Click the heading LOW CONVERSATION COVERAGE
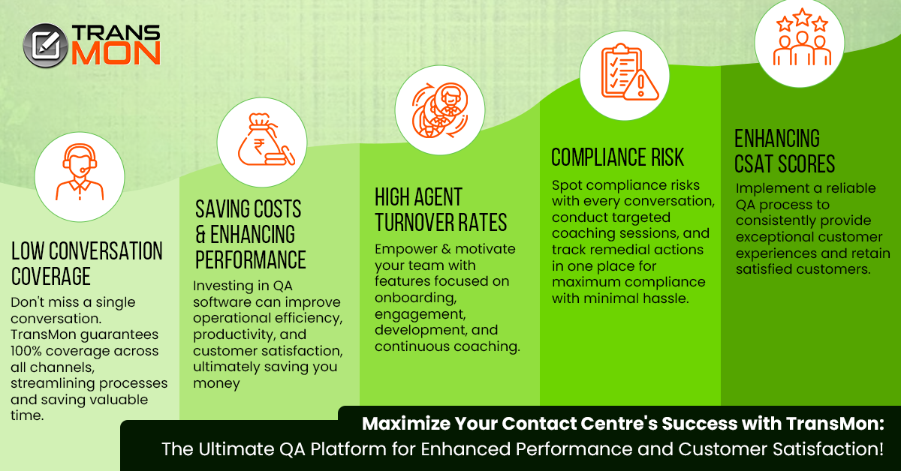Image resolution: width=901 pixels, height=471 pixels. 86,263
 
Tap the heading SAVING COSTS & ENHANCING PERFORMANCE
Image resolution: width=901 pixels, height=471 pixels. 250,233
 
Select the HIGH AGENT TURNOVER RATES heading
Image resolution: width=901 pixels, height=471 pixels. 441,210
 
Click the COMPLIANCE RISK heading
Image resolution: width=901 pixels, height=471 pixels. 617,157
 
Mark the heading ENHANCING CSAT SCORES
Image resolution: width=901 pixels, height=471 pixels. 784,151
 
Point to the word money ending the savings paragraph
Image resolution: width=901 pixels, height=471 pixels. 216,383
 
